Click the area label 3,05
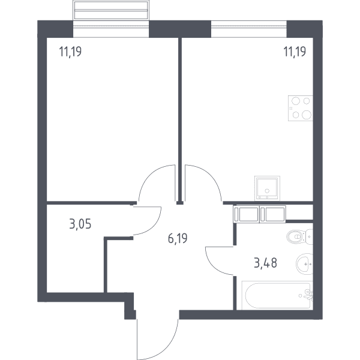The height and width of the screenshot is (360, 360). [x=80, y=224]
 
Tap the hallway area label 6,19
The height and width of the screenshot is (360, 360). [x=178, y=239]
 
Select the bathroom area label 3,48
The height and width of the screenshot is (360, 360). [x=265, y=263]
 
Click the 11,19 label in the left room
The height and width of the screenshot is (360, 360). [x=70, y=52]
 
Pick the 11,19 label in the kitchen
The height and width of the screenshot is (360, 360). [x=295, y=52]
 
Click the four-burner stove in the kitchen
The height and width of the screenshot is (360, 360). [x=301, y=108]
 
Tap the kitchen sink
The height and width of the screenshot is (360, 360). [x=267, y=188]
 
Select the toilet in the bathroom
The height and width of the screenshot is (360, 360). [x=300, y=236]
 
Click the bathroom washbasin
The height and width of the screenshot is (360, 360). [x=304, y=264]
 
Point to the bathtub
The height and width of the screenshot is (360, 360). [x=277, y=296]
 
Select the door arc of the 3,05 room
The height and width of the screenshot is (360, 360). [x=154, y=226]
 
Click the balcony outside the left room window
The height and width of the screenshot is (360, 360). [x=111, y=10]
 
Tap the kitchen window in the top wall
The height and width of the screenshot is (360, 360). [x=248, y=29]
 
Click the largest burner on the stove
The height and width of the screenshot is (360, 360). [x=307, y=115]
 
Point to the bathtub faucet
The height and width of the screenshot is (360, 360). [x=308, y=295]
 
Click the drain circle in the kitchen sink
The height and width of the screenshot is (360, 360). [x=267, y=191]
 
